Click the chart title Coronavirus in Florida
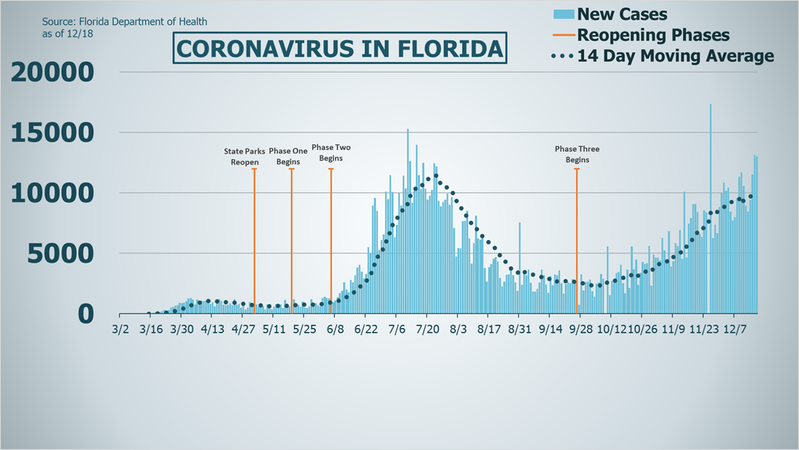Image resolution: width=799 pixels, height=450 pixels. click(x=339, y=48)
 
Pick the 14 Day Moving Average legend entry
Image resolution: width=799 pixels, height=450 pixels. click(x=666, y=56)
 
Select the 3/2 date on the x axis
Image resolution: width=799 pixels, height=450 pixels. click(x=121, y=329)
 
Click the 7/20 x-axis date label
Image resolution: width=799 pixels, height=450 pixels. click(x=428, y=329)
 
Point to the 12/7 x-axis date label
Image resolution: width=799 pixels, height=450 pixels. click(x=735, y=329)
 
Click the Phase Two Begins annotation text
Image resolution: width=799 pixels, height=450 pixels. click(x=331, y=152)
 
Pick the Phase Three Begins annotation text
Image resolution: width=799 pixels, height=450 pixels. click(x=577, y=154)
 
